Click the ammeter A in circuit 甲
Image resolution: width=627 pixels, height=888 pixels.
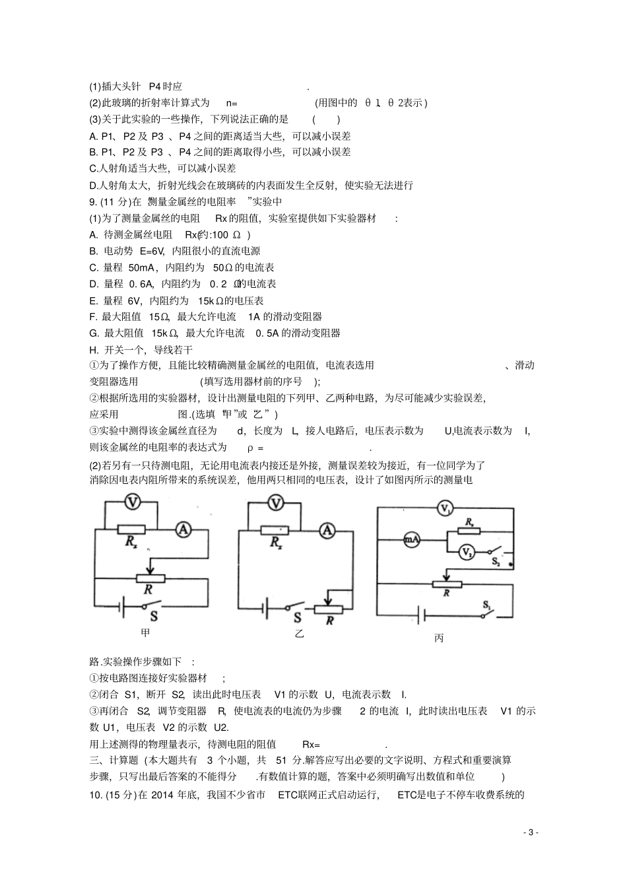[183, 528]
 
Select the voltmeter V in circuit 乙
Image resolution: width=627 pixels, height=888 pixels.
[276, 503]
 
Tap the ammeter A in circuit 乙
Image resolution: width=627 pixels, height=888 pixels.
[325, 530]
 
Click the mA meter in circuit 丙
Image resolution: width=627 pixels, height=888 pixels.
[411, 539]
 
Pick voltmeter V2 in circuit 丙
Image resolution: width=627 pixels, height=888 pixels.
[466, 551]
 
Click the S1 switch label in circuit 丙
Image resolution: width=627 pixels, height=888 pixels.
[487, 603]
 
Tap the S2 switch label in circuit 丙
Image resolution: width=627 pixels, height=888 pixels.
[496, 562]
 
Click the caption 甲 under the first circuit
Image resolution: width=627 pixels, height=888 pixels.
[146, 632]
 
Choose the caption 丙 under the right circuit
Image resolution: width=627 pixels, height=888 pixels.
[440, 638]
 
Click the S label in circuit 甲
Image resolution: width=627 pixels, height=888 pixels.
[154, 616]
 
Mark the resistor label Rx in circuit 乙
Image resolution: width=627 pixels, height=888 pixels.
[275, 543]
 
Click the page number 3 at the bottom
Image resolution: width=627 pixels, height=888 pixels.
[530, 833]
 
